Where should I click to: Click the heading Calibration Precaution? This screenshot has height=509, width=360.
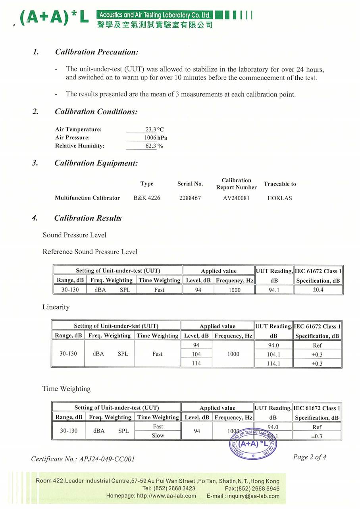pyautogui.click(x=96, y=52)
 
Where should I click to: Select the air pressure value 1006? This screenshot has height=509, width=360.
pyautogui.click(x=150, y=138)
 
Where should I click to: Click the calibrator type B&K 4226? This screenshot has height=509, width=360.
pyautogui.click(x=147, y=198)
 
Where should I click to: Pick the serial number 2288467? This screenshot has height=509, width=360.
pyautogui.click(x=190, y=198)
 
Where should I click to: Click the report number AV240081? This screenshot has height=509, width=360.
pyautogui.click(x=237, y=198)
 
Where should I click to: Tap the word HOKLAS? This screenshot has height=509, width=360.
pyautogui.click(x=280, y=198)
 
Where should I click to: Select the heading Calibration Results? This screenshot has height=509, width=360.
pyautogui.click(x=88, y=218)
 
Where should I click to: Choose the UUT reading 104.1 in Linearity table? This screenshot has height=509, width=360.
pyautogui.click(x=273, y=355)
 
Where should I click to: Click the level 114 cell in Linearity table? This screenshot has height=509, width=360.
pyautogui.click(x=196, y=363)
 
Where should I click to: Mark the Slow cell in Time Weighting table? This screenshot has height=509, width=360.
pyautogui.click(x=158, y=436)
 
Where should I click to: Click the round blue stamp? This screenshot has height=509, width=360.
pyautogui.click(x=253, y=444)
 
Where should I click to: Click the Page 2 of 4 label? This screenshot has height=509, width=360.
pyautogui.click(x=310, y=457)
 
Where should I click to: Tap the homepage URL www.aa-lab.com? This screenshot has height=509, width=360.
pyautogui.click(x=166, y=496)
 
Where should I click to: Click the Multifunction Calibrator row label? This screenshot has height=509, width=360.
pyautogui.click(x=87, y=198)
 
